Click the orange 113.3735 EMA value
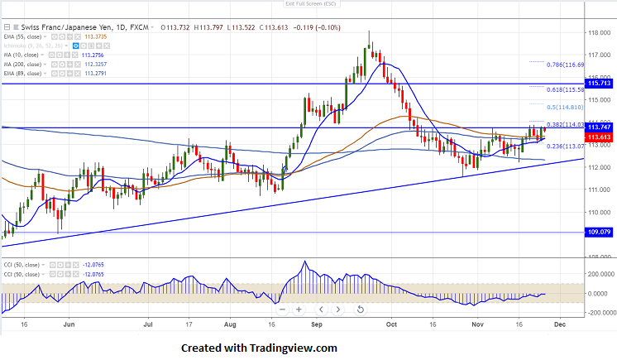(x=97, y=37)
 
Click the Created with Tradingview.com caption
(x=259, y=348)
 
